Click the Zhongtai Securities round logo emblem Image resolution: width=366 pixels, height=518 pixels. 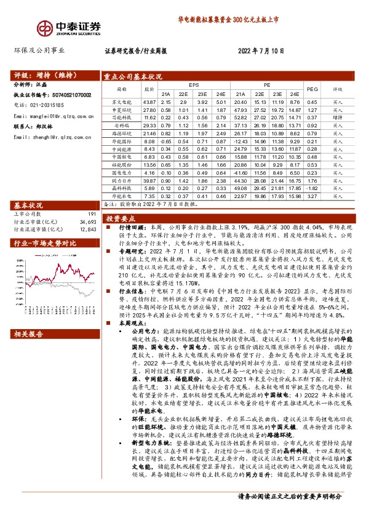point(46,28)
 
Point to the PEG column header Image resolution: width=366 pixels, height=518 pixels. point(312,89)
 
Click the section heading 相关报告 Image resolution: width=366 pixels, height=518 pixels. point(28,333)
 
